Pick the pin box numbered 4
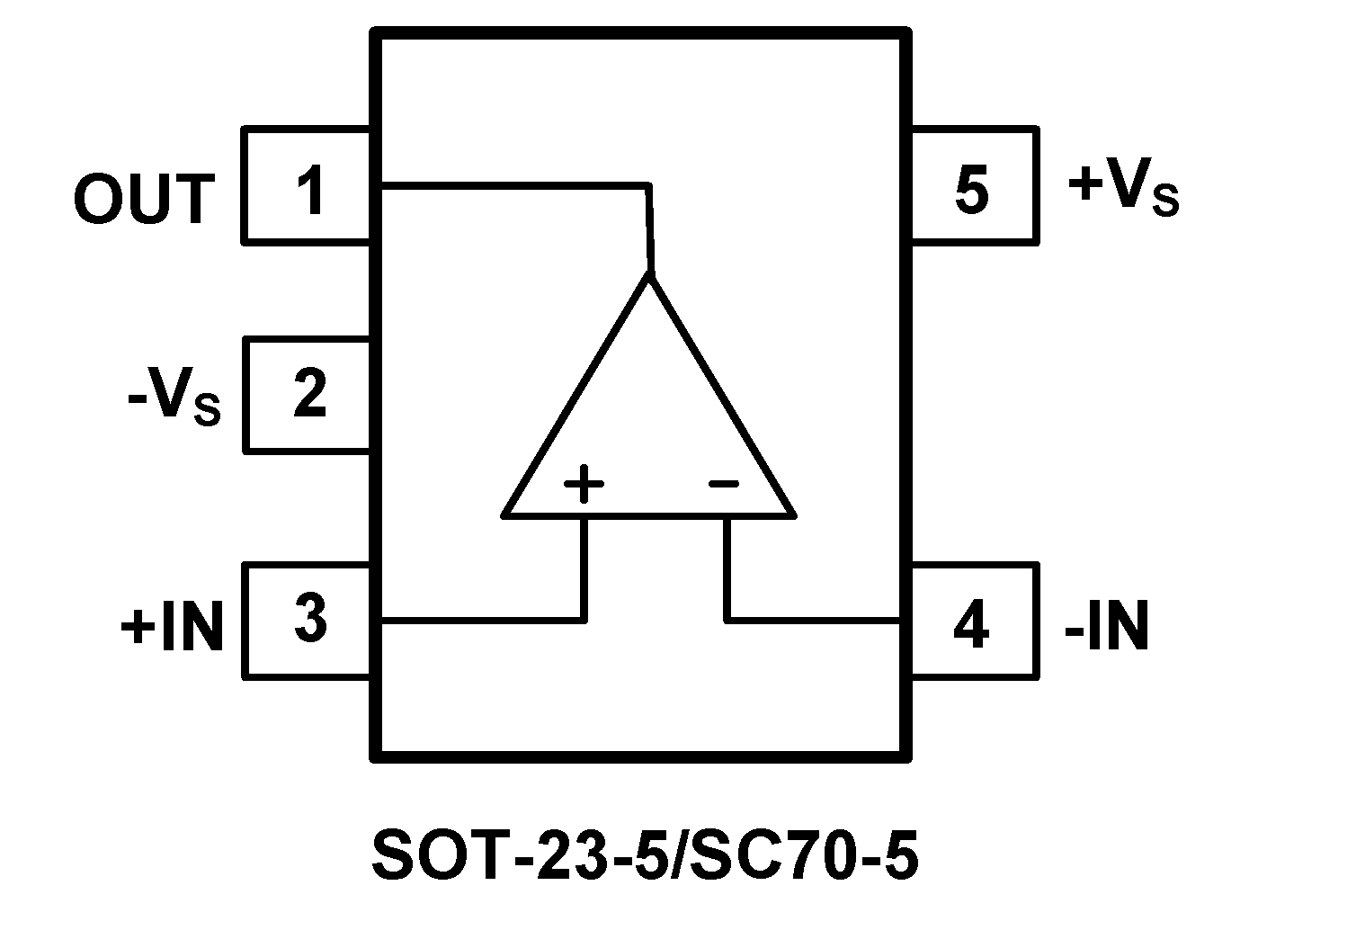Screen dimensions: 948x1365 [973, 622]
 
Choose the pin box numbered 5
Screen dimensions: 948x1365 [973, 185]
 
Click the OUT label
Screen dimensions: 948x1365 [145, 199]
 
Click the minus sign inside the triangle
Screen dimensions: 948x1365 [723, 484]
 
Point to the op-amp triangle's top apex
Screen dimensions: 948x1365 [649, 275]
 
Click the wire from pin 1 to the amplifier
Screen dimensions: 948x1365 [513, 186]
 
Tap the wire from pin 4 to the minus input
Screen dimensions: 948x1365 [809, 620]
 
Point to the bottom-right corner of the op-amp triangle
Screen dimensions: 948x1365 [793, 514]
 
